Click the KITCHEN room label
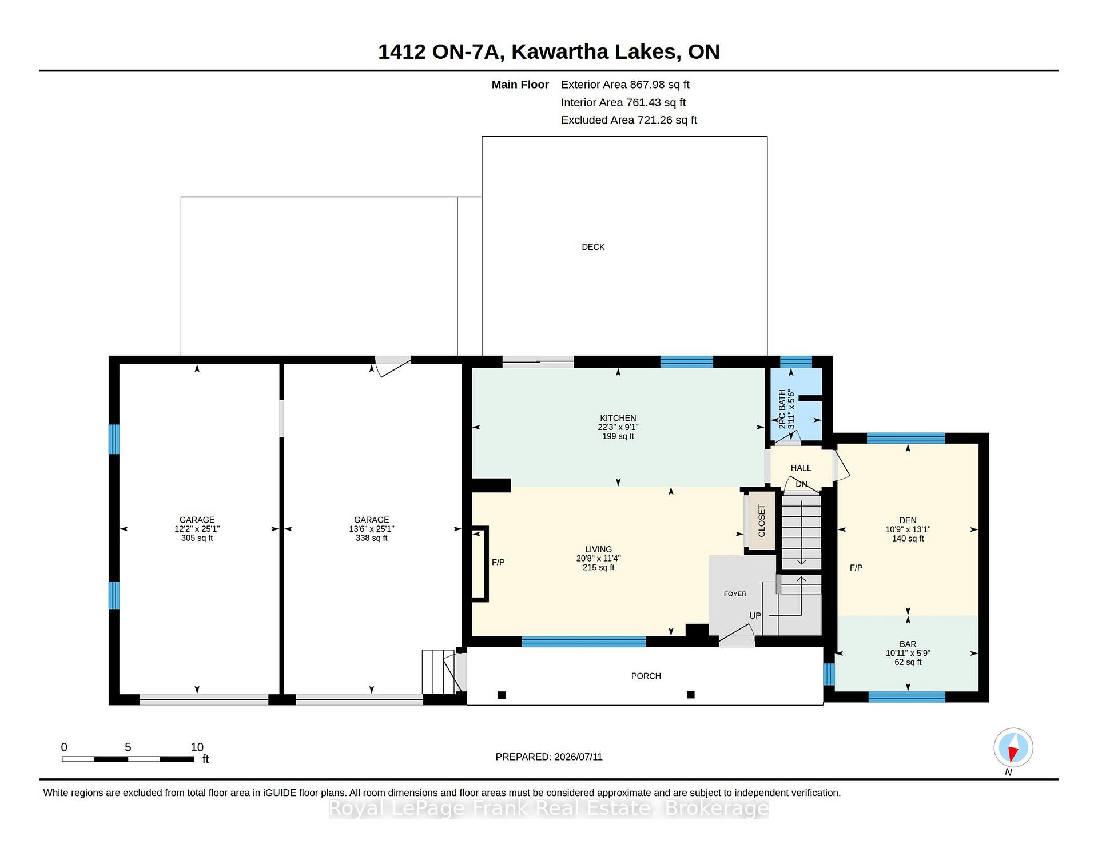(618, 418)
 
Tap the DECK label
(593, 247)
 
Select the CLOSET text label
(761, 521)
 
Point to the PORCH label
(646, 676)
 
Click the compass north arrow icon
(1013, 747)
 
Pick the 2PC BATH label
(782, 409)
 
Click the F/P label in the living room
(498, 562)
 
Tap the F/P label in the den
(856, 568)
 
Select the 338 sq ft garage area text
(372, 538)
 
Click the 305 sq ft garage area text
(197, 538)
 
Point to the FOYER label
(735, 594)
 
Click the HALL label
(801, 468)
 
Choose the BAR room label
(908, 644)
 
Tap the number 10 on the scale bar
(197, 747)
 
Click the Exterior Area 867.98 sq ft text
(625, 85)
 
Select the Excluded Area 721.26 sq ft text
(629, 120)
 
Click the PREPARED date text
(549, 757)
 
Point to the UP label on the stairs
(755, 616)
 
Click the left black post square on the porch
(502, 695)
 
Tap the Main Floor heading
(520, 85)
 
